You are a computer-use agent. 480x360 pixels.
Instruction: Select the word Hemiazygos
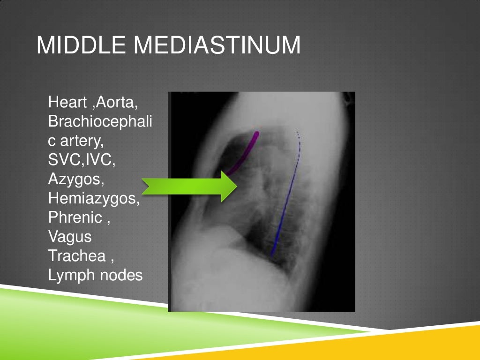pos(94,198)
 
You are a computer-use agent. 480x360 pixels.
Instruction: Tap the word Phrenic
pos(75,217)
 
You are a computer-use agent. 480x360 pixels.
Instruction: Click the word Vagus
pos(70,237)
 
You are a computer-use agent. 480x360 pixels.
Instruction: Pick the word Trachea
pos(76,256)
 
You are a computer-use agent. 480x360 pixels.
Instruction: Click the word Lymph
pos(72,276)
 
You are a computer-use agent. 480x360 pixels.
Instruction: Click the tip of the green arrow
pos(237,187)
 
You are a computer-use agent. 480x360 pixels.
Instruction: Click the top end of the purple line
pos(256,134)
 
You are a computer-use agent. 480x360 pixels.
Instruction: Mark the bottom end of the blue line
pos(272,255)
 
